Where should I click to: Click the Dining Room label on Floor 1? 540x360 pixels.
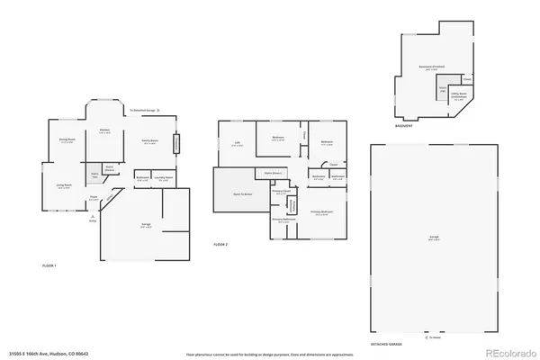click(66, 140)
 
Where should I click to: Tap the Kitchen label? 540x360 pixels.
click(104, 131)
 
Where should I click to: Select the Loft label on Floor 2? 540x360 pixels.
click(237, 143)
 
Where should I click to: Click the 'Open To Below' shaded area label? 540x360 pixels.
click(243, 193)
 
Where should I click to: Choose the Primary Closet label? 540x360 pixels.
click(281, 192)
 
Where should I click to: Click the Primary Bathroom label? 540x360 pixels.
click(283, 219)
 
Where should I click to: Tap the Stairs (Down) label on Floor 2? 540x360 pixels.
click(274, 172)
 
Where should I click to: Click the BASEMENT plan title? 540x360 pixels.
click(404, 127)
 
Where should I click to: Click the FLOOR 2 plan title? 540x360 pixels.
click(221, 245)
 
